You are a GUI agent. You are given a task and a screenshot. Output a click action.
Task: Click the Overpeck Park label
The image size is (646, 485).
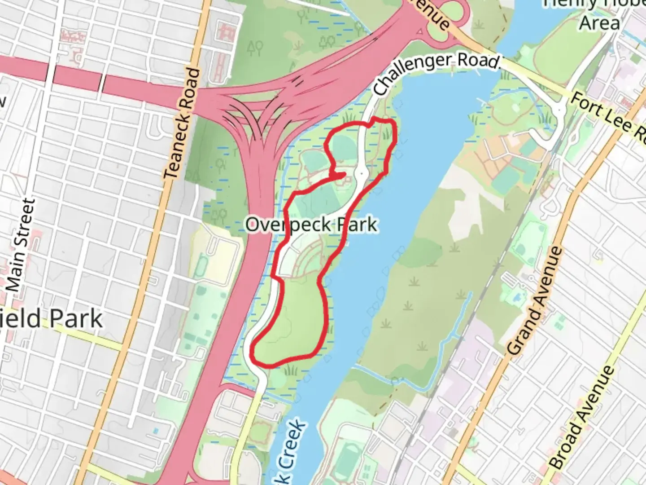[x=311, y=225]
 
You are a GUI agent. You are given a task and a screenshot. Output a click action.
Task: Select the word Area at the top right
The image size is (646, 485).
[x=599, y=22]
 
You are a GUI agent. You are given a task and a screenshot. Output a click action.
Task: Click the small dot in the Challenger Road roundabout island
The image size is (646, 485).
[x=362, y=172]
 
